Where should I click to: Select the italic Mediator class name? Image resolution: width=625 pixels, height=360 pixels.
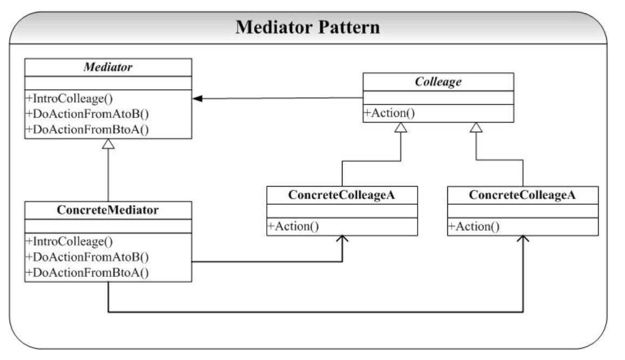[x=108, y=67]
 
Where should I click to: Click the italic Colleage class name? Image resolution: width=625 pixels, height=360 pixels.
[x=438, y=82]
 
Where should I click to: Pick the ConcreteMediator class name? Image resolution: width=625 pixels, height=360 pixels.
[x=107, y=210]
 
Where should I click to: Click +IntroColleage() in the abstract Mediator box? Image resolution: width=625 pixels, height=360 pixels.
[x=69, y=98]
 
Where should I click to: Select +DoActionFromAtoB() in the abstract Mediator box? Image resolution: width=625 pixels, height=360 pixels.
[x=88, y=114]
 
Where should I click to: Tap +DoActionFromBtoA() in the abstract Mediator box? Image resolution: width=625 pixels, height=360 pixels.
[x=88, y=130]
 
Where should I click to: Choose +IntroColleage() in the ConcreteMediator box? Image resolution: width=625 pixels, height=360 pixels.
[x=69, y=242]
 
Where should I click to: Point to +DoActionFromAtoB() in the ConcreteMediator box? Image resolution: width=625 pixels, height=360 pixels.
[x=88, y=257]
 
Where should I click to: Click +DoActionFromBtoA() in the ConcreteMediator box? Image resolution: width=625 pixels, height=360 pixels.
[x=88, y=272]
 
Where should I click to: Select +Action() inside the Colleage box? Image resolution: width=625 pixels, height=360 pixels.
[x=389, y=113]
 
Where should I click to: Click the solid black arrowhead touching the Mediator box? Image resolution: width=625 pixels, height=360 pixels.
[x=197, y=98]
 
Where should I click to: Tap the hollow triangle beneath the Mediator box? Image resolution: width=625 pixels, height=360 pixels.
[x=108, y=144]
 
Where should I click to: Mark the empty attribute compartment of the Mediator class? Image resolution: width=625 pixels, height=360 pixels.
[x=108, y=83]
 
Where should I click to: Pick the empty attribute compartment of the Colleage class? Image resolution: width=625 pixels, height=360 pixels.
[x=438, y=98]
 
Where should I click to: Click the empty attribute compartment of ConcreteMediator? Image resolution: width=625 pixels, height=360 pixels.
[x=108, y=226]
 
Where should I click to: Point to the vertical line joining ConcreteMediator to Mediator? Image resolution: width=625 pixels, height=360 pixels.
[x=108, y=175]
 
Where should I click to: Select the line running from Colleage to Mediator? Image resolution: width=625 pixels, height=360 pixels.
[x=278, y=98]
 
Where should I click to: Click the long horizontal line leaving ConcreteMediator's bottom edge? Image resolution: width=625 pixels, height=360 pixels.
[x=315, y=312]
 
